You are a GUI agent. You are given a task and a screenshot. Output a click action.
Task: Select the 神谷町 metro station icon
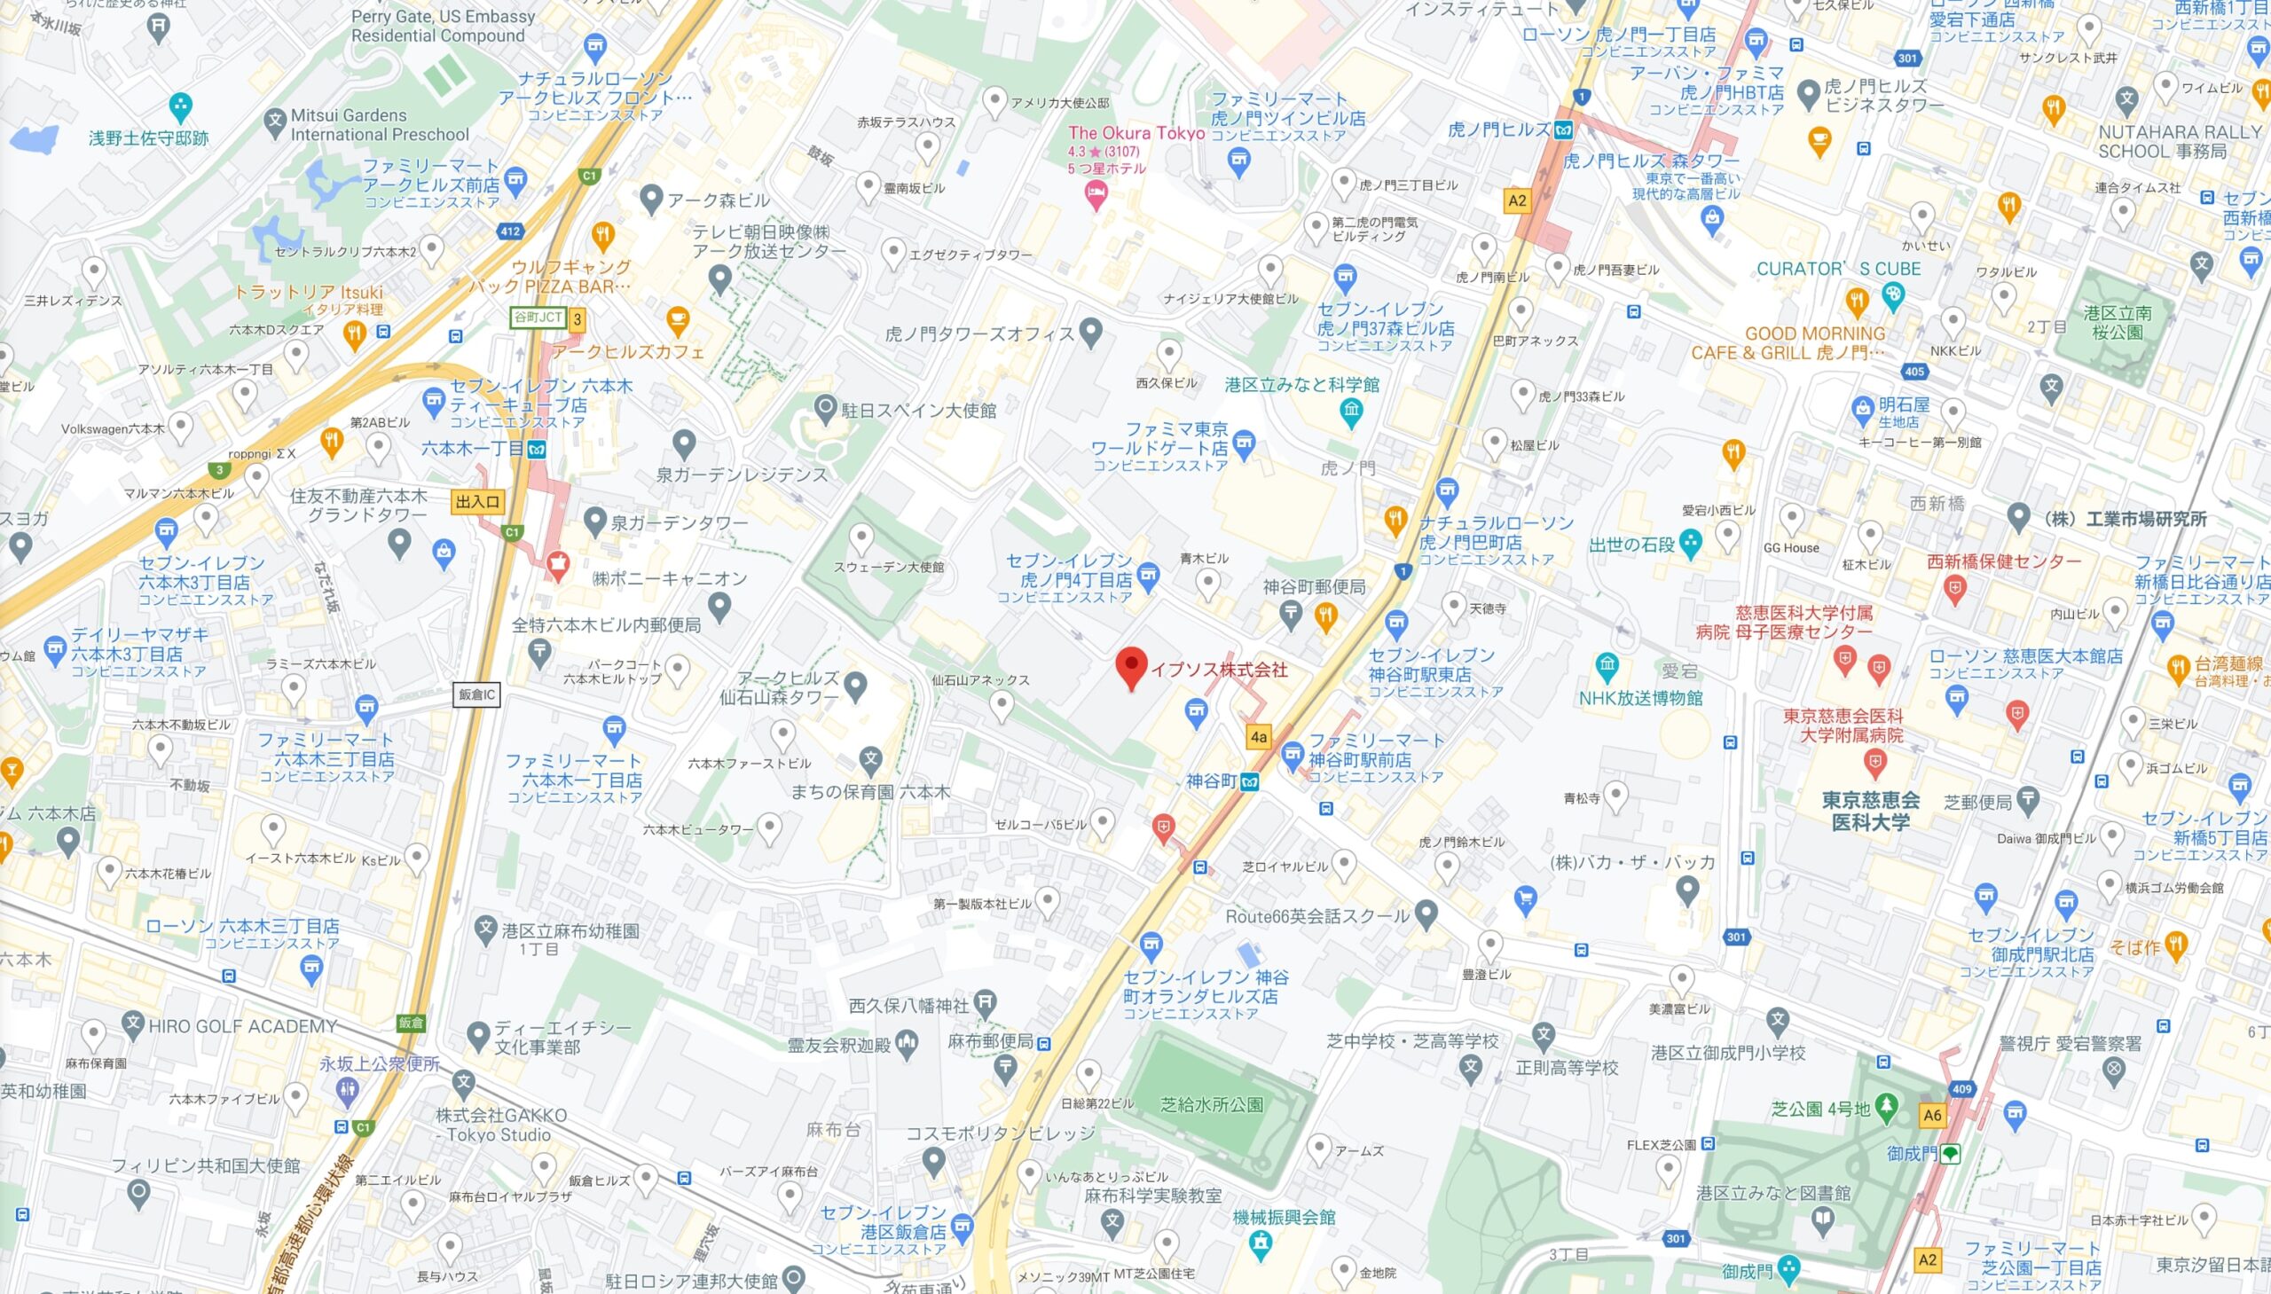click(x=1251, y=782)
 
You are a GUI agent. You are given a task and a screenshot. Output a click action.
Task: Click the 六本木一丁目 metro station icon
click(x=536, y=449)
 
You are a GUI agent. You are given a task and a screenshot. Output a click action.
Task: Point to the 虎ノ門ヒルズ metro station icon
click(x=1562, y=129)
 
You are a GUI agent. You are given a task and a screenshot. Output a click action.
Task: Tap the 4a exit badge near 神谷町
click(x=1258, y=737)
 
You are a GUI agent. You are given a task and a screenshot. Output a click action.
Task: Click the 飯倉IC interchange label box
click(x=477, y=694)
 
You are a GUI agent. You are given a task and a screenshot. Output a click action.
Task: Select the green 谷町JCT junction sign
click(x=538, y=318)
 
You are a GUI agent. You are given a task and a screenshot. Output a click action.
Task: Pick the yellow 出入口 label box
click(x=477, y=502)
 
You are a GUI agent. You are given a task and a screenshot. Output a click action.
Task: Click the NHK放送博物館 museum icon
click(x=1606, y=666)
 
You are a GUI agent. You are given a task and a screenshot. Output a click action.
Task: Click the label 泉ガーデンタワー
click(x=679, y=523)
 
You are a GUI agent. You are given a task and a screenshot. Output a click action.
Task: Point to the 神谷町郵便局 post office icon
click(x=1291, y=612)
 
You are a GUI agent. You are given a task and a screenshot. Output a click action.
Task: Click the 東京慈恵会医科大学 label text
click(x=1870, y=811)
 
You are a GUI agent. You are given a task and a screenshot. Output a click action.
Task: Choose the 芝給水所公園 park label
click(x=1212, y=1105)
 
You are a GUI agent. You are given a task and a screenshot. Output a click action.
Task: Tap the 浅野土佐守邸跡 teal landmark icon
click(x=180, y=107)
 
